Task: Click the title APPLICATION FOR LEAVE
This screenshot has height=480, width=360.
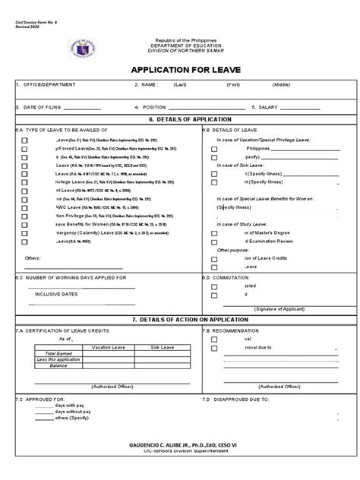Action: [180, 69]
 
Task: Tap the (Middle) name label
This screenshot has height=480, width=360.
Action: [282, 85]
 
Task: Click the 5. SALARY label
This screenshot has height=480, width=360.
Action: [270, 107]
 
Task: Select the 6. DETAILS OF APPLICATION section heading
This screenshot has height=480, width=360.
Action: [180, 120]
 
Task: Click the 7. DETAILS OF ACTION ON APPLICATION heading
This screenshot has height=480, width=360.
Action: [180, 321]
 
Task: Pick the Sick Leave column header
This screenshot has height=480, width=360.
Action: [161, 346]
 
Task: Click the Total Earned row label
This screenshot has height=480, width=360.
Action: [61, 353]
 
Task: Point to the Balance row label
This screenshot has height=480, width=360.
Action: [60, 365]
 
